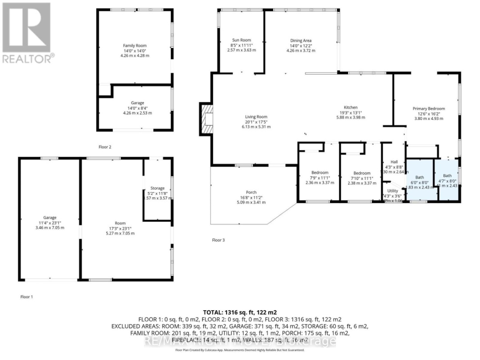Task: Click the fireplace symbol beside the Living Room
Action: click(207, 119)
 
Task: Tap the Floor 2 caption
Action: click(104, 146)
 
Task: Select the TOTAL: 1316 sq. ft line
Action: click(240, 312)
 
